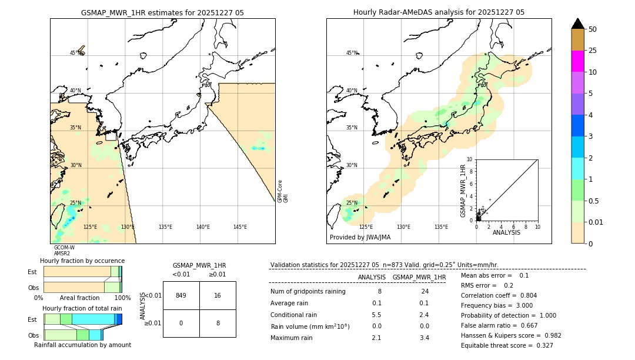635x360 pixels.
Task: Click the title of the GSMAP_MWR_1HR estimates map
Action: click(x=162, y=12)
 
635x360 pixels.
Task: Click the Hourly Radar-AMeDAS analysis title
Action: click(x=439, y=12)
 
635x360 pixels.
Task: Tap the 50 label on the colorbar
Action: click(x=593, y=29)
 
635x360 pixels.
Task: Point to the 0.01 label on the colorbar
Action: click(x=596, y=222)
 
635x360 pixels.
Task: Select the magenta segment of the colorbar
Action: click(x=577, y=61)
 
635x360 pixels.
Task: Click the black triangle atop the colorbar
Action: click(x=577, y=24)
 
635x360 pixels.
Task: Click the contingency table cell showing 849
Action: click(x=181, y=295)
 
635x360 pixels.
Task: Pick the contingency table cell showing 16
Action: click(x=218, y=295)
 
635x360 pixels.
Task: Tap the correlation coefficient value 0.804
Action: click(x=524, y=295)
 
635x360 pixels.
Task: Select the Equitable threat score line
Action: click(x=507, y=345)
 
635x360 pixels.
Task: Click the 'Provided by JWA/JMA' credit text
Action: click(x=360, y=238)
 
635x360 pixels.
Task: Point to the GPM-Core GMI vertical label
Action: click(x=283, y=191)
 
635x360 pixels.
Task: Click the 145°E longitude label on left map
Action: click(x=240, y=227)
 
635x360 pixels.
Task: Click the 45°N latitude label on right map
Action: click(x=352, y=53)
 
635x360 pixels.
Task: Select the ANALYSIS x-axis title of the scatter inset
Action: click(x=506, y=232)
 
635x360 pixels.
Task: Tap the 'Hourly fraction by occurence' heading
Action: click(x=82, y=261)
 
